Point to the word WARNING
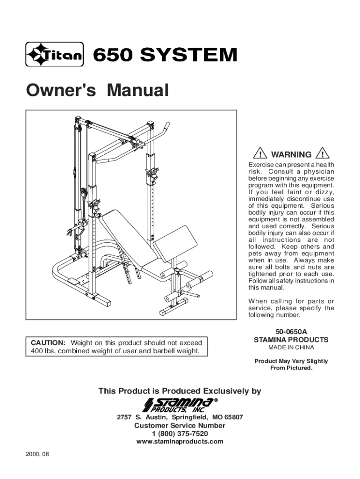click(291, 154)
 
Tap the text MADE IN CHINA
click(291, 348)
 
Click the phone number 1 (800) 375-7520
click(180, 434)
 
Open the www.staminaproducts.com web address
click(180, 442)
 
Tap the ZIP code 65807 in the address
click(233, 417)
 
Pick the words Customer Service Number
click(180, 426)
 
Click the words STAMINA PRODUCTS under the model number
click(291, 340)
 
